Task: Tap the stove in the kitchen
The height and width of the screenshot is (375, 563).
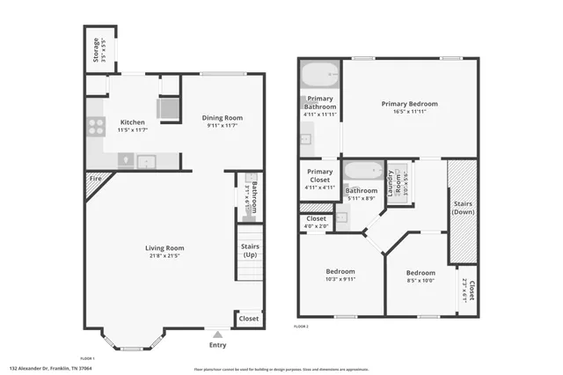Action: click(95, 127)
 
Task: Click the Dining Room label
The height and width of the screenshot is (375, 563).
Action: click(223, 117)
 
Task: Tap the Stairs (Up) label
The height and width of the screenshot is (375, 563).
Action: click(249, 251)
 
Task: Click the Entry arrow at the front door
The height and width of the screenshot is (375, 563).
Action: click(217, 334)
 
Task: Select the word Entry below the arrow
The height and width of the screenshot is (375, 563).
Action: click(217, 344)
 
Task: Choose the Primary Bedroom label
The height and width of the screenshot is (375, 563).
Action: click(409, 104)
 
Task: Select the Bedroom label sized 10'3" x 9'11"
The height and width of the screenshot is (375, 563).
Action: click(340, 271)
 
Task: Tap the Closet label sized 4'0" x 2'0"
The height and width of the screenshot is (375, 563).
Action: click(316, 218)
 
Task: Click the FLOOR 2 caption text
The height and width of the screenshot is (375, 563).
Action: click(302, 327)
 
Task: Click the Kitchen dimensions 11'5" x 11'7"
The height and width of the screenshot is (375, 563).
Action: click(132, 130)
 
